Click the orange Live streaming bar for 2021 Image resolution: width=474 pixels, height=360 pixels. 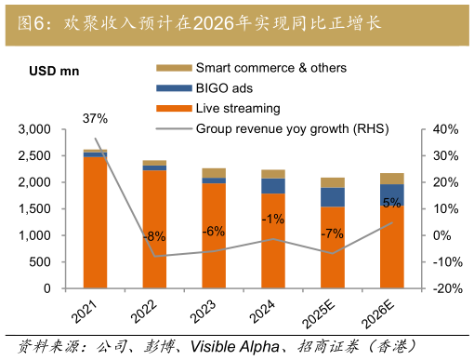[x=95, y=223]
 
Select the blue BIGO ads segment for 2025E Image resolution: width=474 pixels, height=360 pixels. [x=333, y=197]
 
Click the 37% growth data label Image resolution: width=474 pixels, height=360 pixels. [x=95, y=118]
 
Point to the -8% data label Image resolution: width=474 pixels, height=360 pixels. [x=154, y=236]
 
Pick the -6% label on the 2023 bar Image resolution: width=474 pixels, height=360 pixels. [x=214, y=231]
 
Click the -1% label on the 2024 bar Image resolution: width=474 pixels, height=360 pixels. [x=273, y=219]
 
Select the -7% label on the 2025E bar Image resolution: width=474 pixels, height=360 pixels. [x=333, y=233]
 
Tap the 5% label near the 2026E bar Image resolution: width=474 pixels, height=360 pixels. [x=392, y=203]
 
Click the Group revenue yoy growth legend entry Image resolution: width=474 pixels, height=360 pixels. [x=292, y=128]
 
